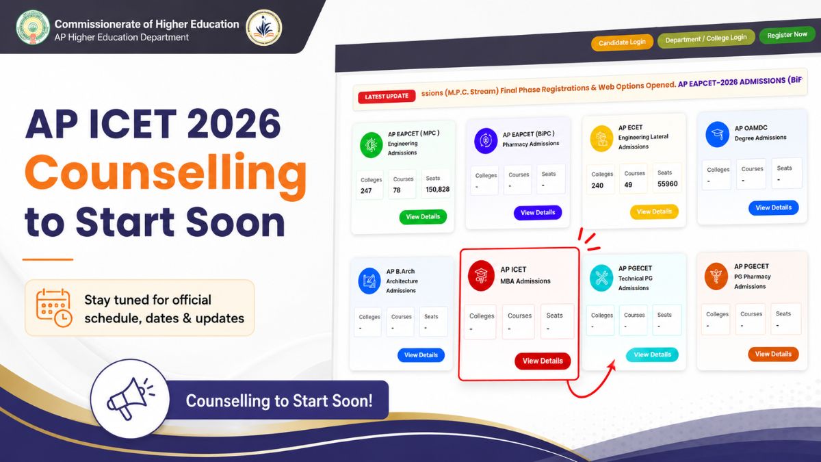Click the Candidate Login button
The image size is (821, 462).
622,42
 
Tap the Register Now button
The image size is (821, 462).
787,35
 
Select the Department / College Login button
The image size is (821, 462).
706,38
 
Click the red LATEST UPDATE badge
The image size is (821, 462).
387,97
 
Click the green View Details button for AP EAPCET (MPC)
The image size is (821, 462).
423,217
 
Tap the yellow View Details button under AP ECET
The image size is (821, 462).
654,211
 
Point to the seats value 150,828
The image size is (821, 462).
438,189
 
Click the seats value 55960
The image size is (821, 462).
668,183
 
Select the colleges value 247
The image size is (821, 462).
366,191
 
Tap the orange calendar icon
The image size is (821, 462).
54,308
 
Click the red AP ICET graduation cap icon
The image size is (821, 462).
481,276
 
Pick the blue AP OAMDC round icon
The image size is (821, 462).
717,135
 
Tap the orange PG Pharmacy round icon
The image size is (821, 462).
716,276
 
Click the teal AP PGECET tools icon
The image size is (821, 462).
601,278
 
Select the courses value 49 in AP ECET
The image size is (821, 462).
628,185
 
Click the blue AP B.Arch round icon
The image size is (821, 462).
369,281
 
